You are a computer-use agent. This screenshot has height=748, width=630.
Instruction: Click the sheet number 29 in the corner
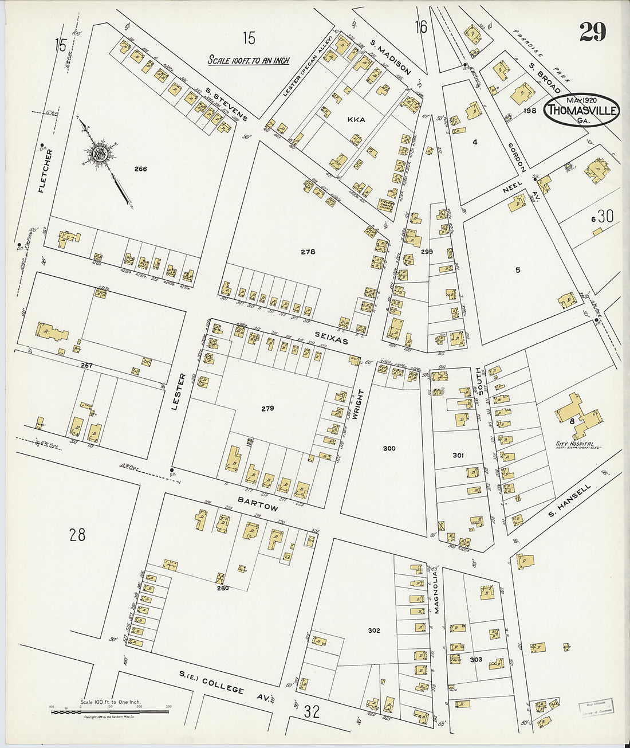(x=592, y=32)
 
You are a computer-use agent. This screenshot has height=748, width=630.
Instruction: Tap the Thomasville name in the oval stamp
(x=582, y=110)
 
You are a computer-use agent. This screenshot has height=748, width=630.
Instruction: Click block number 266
(x=140, y=169)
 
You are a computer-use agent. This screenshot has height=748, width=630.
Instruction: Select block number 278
(x=308, y=252)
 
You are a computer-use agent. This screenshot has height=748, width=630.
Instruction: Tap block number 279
(x=267, y=409)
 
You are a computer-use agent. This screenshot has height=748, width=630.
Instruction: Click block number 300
(x=389, y=448)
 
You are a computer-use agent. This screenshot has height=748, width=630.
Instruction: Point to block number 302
(x=373, y=630)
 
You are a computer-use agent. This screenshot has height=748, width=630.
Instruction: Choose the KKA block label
(x=356, y=120)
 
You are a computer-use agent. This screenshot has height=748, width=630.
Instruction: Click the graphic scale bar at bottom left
(x=110, y=711)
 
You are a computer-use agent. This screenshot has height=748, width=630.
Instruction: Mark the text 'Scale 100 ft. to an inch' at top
(x=248, y=60)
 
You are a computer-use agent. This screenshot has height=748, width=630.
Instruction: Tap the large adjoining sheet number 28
(x=77, y=535)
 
